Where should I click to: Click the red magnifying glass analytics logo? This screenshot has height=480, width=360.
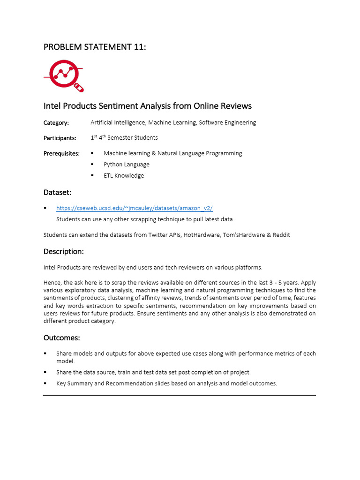pos(64,75)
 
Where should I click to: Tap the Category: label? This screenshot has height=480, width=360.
pos(56,123)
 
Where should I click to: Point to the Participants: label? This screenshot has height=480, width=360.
pos(60,138)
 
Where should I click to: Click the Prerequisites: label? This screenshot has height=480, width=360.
pos(61,153)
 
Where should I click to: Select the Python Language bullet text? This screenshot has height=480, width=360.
pos(127,165)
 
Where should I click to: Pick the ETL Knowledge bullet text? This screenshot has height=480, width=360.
pos(124,176)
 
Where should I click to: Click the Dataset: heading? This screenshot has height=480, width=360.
pos(58,192)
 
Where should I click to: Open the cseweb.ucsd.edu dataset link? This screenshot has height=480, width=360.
pos(135,208)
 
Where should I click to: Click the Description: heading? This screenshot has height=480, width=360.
pos(64,252)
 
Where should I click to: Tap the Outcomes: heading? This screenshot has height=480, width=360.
pos(62,338)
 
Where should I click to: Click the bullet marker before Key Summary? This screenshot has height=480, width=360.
pos(45,383)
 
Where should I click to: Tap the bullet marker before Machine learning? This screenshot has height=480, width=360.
pos(92,153)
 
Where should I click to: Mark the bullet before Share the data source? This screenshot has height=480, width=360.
pos(45,372)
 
